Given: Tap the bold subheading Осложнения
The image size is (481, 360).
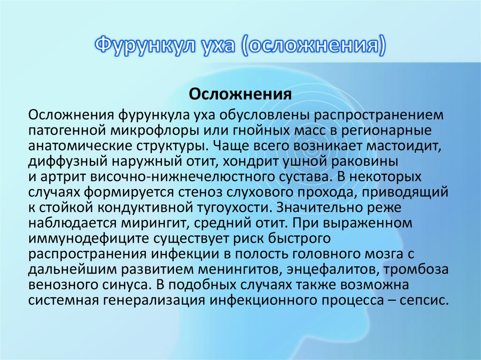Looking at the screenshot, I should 240,94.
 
